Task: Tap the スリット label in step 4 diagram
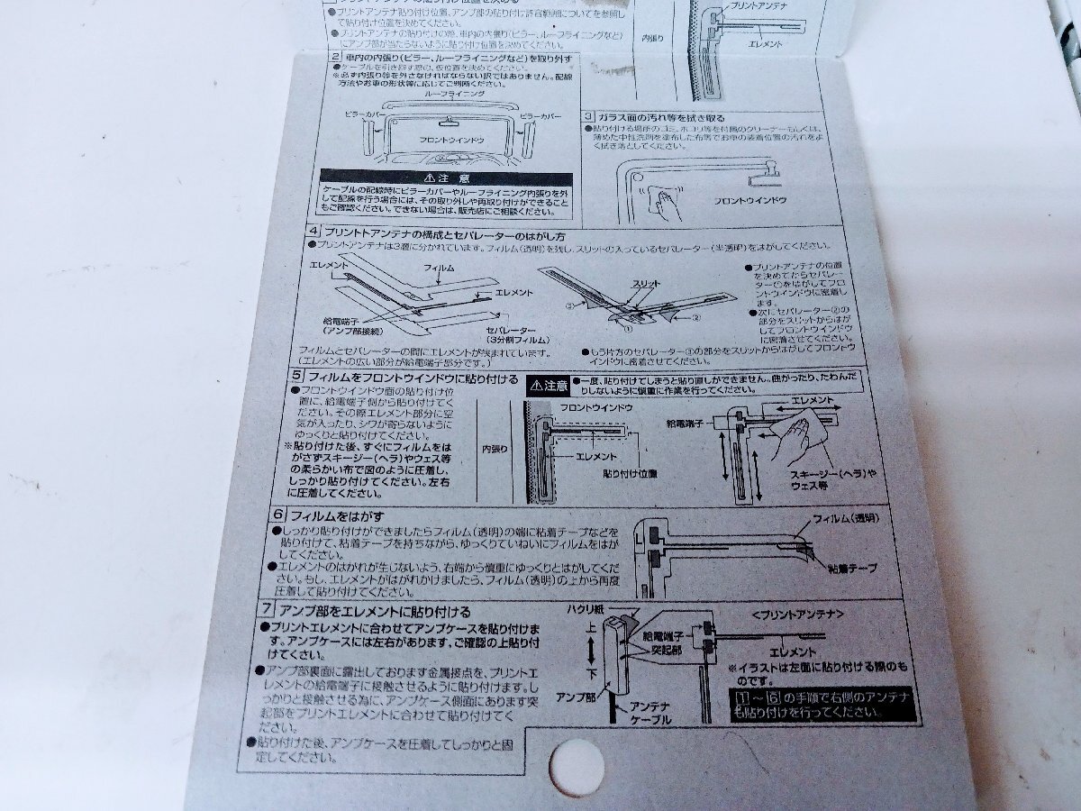(646, 284)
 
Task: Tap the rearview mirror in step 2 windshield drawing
(452, 123)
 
